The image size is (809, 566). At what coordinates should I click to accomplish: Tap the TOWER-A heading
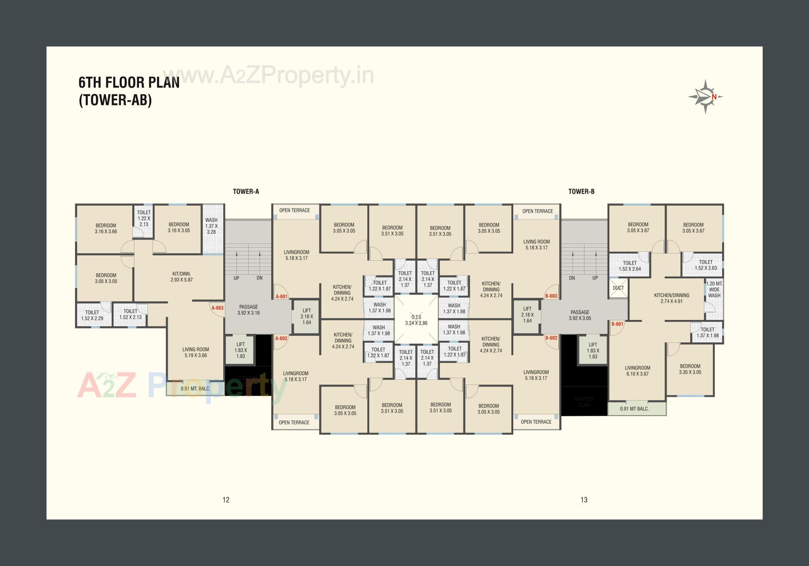click(x=246, y=192)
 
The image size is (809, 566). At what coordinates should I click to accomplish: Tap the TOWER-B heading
click(x=581, y=192)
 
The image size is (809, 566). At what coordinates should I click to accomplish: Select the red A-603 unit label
click(x=217, y=308)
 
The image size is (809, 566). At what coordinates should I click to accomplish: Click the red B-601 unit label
click(x=617, y=324)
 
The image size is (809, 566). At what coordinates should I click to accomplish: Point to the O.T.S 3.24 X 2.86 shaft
click(x=416, y=320)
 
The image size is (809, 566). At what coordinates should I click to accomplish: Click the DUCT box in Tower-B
click(x=618, y=288)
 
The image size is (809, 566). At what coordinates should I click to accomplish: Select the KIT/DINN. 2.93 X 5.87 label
click(x=182, y=277)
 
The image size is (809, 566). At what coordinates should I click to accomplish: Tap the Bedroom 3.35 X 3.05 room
click(x=690, y=369)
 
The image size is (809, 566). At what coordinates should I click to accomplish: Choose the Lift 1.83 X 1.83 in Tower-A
click(x=241, y=350)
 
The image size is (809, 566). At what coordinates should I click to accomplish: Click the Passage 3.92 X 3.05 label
click(x=580, y=315)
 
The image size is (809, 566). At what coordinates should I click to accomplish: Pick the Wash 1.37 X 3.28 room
click(x=212, y=226)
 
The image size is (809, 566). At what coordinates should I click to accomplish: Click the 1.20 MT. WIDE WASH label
click(x=714, y=290)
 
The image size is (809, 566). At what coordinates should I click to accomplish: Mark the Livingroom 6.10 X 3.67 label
click(x=637, y=371)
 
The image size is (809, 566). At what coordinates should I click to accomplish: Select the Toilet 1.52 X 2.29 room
click(x=92, y=315)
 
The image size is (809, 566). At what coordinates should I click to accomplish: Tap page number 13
click(x=584, y=500)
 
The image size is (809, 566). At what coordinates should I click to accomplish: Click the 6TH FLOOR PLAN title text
click(x=129, y=83)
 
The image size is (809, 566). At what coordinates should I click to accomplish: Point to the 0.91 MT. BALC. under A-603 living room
click(x=196, y=389)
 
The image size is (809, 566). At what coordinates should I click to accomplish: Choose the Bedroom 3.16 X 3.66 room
click(x=106, y=228)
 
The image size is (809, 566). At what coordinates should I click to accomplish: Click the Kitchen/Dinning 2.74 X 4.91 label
click(x=671, y=298)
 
